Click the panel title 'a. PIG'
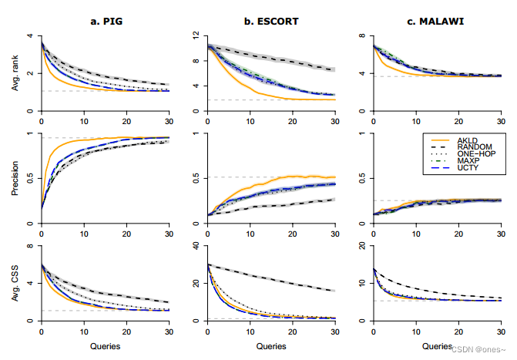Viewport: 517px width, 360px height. click(x=105, y=21)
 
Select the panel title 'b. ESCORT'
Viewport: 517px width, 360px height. click(x=270, y=21)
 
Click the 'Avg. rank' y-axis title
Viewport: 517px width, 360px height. click(x=16, y=73)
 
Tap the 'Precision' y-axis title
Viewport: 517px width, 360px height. click(x=16, y=179)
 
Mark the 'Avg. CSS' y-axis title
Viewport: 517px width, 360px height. click(x=16, y=284)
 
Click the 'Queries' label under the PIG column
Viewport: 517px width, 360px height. click(x=105, y=345)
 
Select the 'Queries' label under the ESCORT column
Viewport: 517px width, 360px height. click(x=270, y=345)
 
